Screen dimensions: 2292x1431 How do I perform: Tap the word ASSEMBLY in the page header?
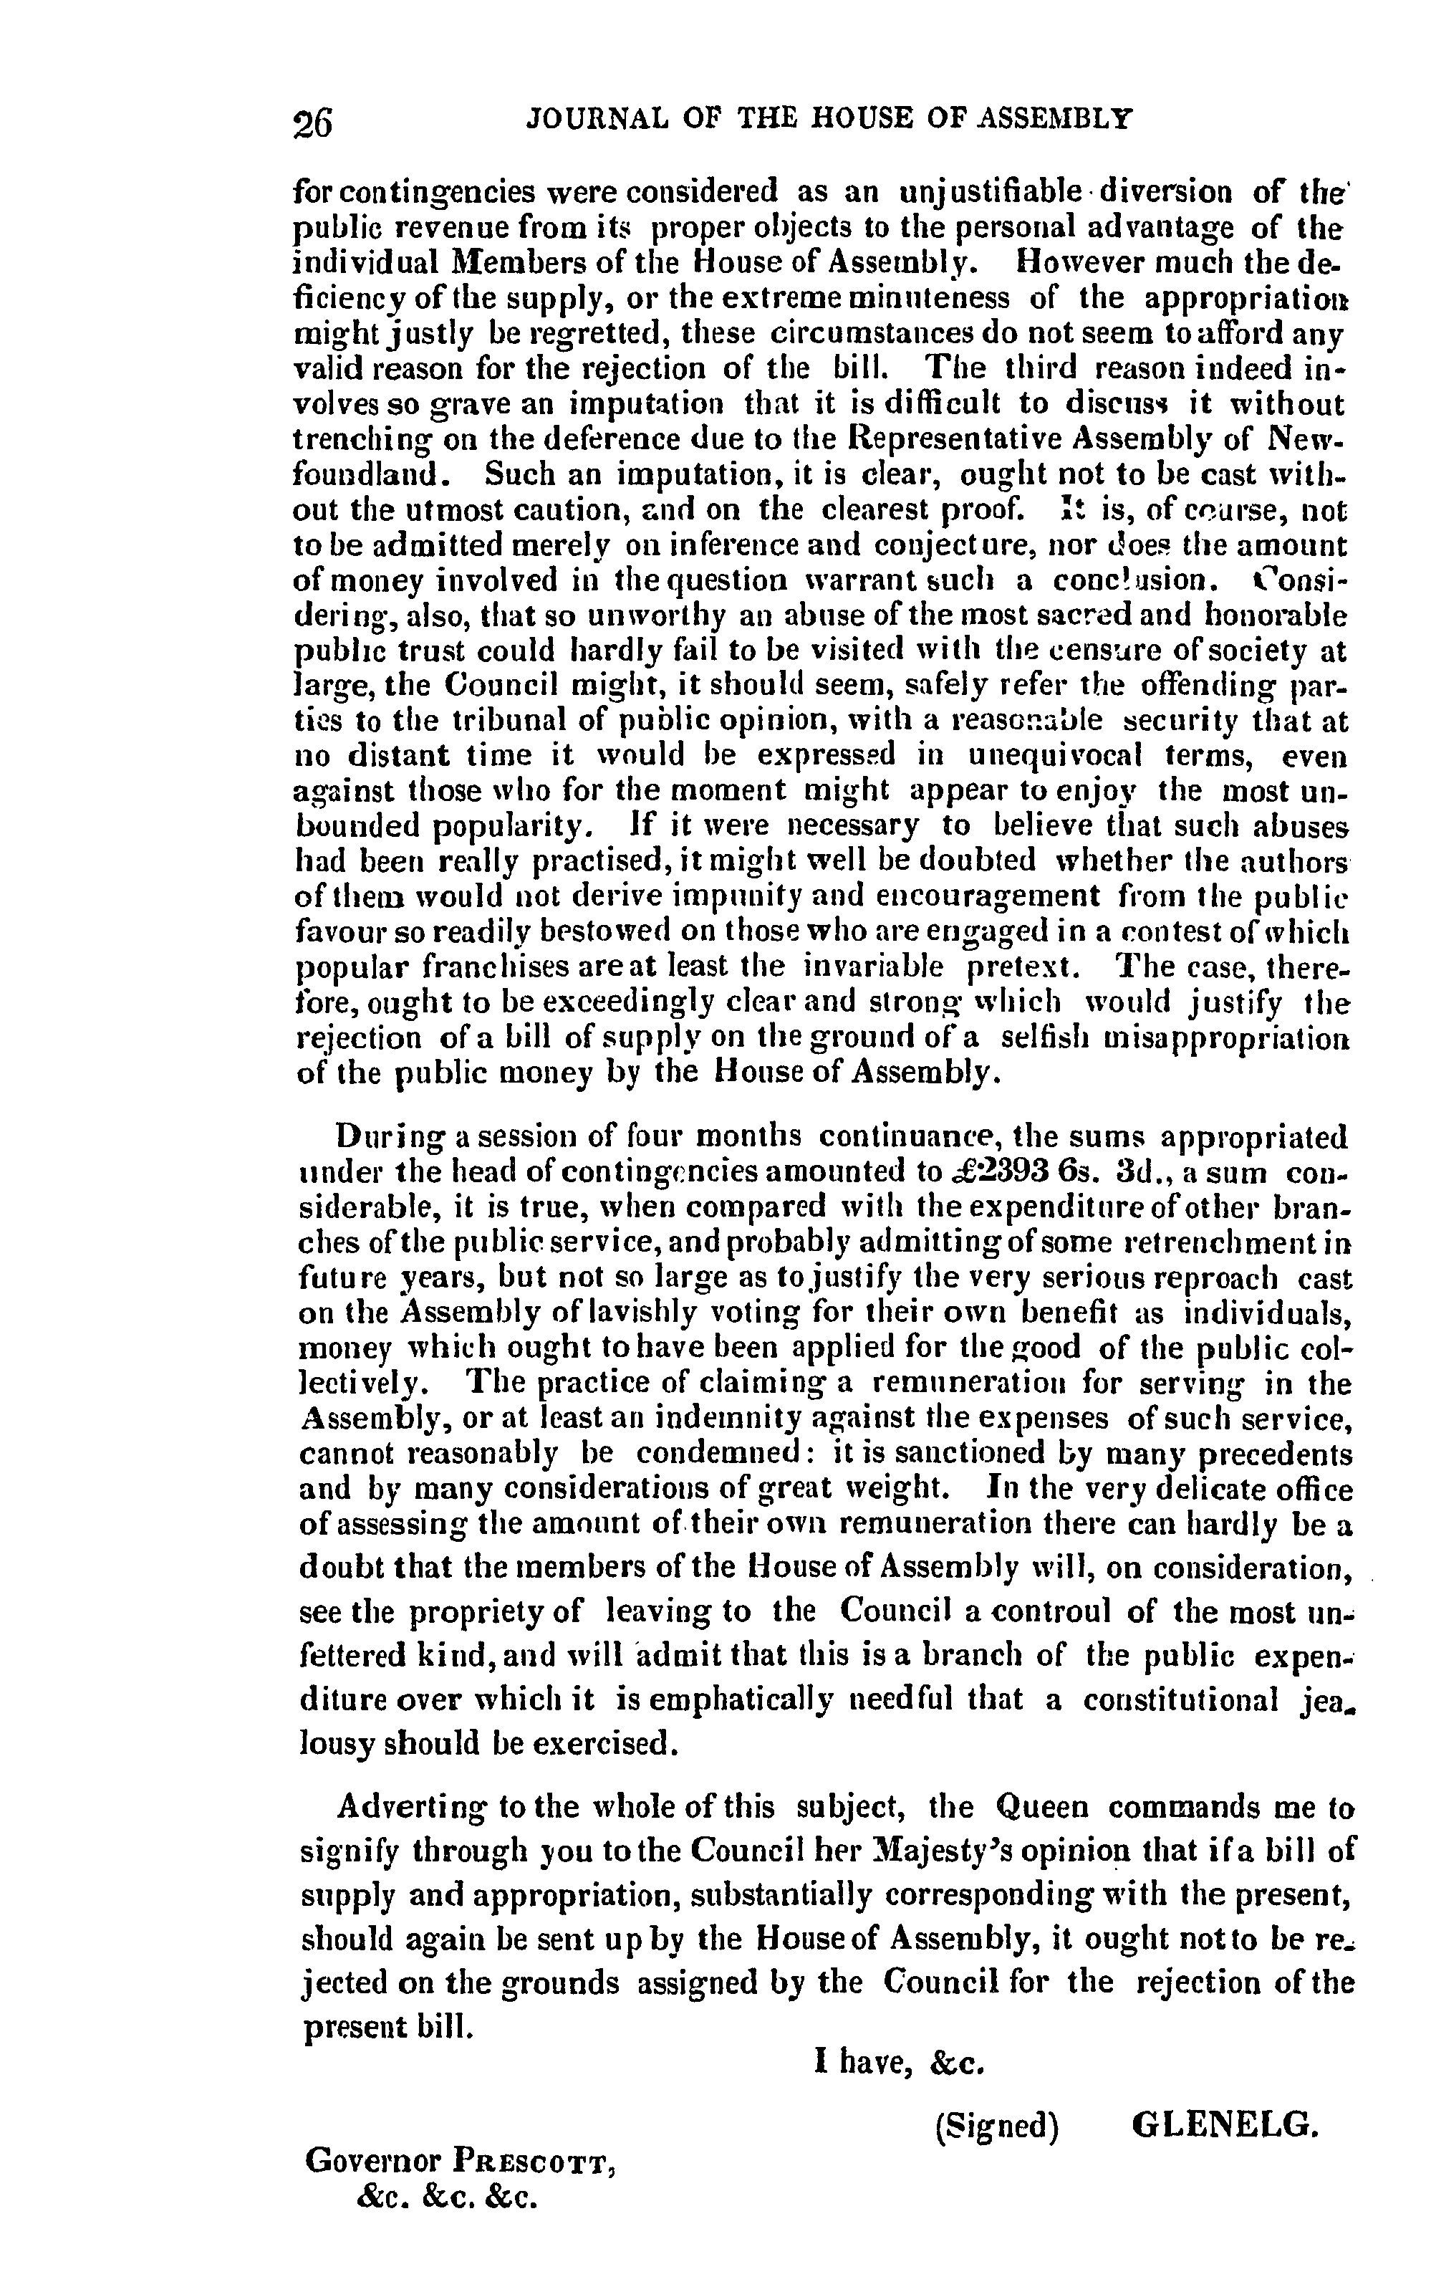coord(1055,118)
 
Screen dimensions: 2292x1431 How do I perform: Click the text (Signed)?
coord(996,2128)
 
